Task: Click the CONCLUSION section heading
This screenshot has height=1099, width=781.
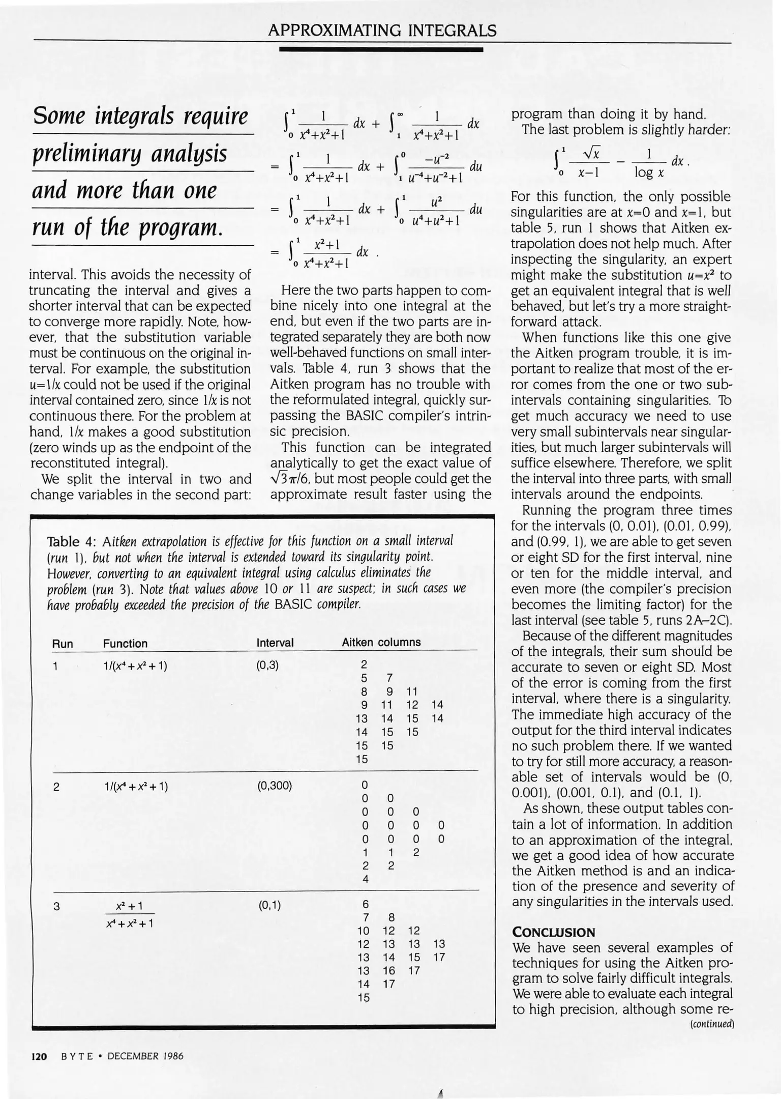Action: (553, 933)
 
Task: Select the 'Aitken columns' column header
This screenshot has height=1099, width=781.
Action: (381, 643)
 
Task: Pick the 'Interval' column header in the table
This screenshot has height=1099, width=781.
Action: (275, 643)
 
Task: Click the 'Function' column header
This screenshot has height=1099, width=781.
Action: (125, 644)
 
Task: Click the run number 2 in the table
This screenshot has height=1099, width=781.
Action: (56, 787)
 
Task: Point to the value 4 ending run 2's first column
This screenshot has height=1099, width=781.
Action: (365, 879)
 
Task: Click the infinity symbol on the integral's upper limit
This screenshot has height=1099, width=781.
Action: (401, 116)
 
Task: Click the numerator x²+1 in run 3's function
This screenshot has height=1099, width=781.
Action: (129, 906)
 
